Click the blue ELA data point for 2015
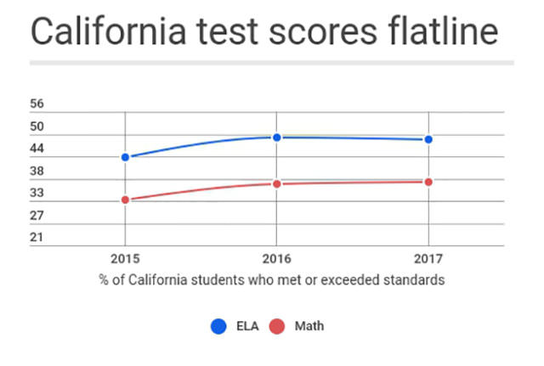[125, 157]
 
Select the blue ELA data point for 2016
[276, 137]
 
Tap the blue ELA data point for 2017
[428, 139]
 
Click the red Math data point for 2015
[125, 200]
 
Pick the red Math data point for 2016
[276, 183]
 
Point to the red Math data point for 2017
[428, 182]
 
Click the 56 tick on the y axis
[37, 104]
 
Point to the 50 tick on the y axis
[37, 127]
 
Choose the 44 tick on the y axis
[37, 149]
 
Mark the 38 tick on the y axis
[37, 171]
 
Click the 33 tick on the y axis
[37, 193]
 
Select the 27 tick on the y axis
[37, 215]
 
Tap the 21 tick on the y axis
[37, 237]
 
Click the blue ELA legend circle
[218, 326]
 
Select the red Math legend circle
[276, 326]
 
